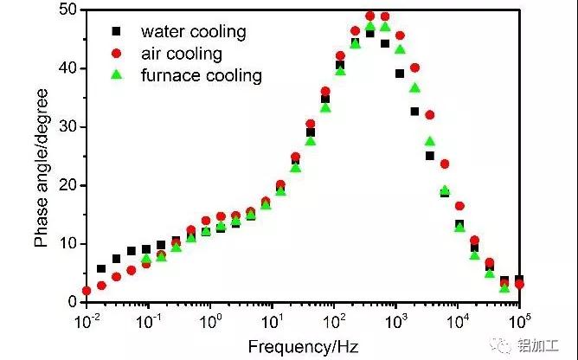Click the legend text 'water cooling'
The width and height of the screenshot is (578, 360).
click(x=194, y=32)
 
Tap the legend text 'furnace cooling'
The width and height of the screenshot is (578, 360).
click(x=202, y=75)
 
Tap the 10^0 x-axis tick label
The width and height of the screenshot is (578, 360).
click(x=210, y=321)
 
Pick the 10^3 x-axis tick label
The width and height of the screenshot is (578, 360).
click(x=395, y=321)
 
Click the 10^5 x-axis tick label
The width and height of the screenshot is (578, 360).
click(x=518, y=321)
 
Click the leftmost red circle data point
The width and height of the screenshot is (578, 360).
click(x=87, y=291)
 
